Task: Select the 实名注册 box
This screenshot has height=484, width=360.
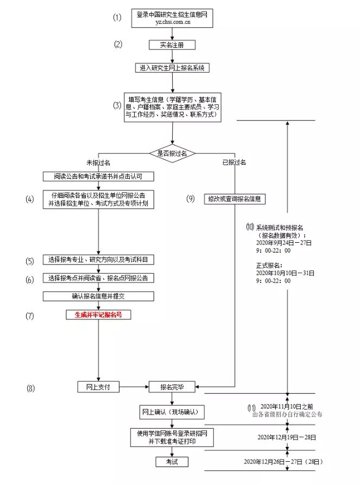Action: (172, 45)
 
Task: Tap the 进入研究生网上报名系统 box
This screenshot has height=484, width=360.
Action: (172, 68)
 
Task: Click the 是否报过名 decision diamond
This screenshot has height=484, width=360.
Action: (172, 154)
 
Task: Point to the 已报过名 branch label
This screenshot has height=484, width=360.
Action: (234, 162)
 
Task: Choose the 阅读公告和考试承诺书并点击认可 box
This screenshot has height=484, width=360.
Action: (99, 177)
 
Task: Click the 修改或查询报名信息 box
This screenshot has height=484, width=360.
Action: (235, 199)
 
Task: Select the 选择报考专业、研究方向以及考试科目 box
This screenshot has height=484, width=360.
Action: (99, 260)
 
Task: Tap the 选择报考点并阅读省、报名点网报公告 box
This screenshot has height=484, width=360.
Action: (99, 278)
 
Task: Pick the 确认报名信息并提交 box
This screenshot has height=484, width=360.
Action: (99, 297)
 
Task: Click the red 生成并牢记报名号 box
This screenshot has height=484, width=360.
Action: (99, 315)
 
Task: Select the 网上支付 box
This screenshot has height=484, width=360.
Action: (98, 387)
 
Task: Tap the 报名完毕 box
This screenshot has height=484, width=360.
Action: (172, 387)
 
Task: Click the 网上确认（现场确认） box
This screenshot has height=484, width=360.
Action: (172, 413)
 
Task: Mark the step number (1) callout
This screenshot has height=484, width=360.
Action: (118, 17)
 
